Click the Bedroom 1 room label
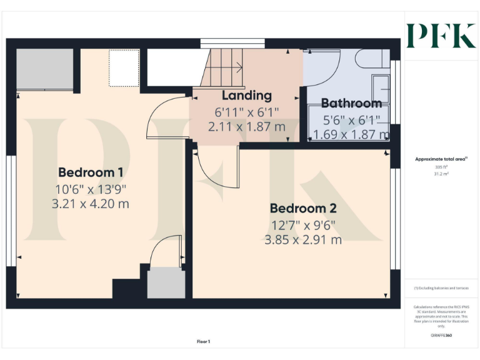[90, 172]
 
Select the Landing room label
[247, 96]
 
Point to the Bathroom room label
[351, 103]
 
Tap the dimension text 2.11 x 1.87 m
[247, 127]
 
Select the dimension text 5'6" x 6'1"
[351, 119]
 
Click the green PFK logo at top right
[441, 36]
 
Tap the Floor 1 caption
[203, 341]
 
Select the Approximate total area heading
[441, 159]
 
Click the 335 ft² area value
[441, 167]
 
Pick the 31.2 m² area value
[441, 174]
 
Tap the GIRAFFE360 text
[441, 336]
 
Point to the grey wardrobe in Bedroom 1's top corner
[44, 69]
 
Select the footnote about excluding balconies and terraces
[441, 288]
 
